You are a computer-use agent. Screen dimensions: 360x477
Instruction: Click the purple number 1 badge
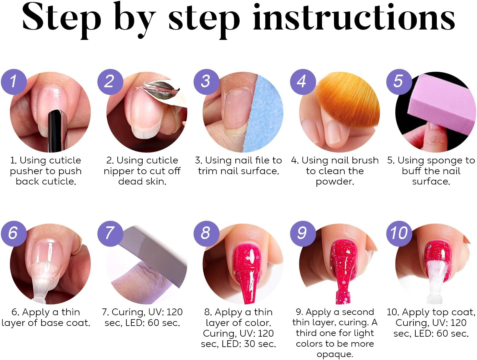coord(13,81)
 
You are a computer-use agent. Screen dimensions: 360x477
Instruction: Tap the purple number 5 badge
coord(399,81)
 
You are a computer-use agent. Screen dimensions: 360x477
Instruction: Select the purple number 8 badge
coord(206,233)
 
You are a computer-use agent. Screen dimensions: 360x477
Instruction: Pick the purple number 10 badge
coord(399,233)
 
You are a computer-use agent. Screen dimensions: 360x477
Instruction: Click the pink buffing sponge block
coord(441,104)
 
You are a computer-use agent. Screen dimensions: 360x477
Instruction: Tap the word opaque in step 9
coord(335,354)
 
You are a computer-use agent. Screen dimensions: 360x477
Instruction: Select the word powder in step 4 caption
coord(334,182)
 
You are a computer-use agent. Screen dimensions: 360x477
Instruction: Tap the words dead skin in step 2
coord(142,181)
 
